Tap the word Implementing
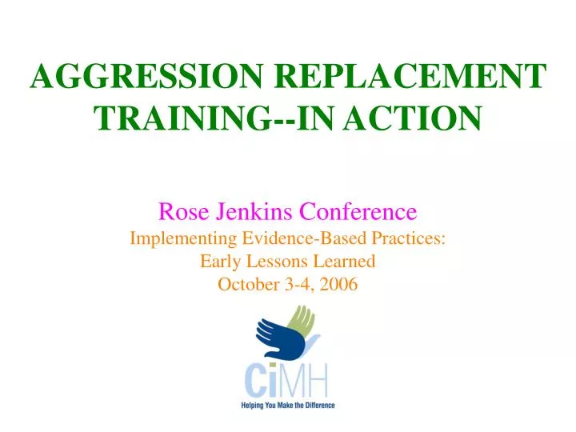coord(174,238)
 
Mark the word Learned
coord(342,261)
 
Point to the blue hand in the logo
coord(276,340)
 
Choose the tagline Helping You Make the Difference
coord(288,406)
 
